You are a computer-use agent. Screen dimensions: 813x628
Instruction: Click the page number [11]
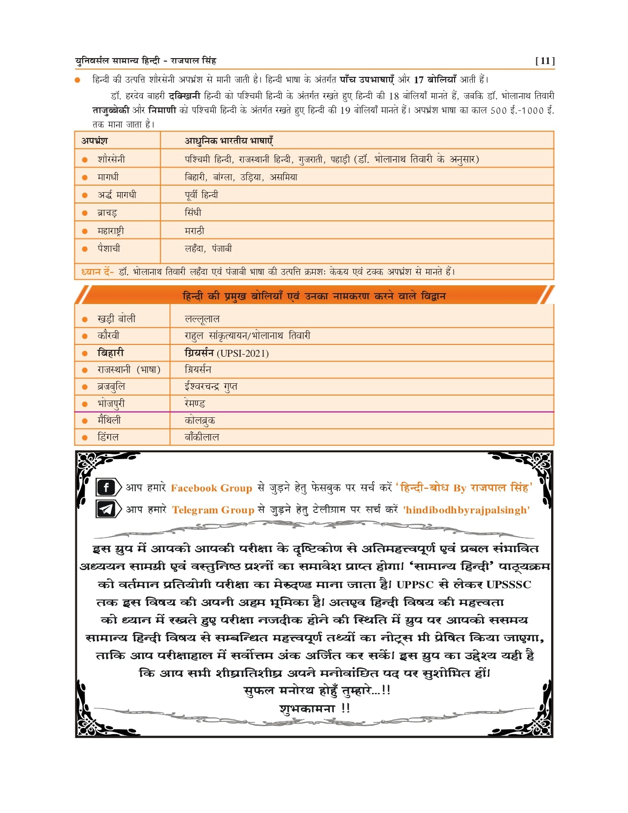(x=545, y=61)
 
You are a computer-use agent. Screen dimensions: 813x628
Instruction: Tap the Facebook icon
(x=106, y=487)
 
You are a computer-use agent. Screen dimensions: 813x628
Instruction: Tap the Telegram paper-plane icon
(x=106, y=509)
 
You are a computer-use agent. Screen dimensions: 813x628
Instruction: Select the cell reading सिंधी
(x=193, y=212)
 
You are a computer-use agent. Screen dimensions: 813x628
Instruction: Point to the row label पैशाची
(x=108, y=248)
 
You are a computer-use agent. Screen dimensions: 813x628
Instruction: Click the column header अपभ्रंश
(x=95, y=140)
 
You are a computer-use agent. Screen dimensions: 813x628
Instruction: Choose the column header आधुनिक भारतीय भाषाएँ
(x=229, y=140)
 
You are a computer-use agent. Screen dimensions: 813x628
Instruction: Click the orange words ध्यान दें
(x=97, y=271)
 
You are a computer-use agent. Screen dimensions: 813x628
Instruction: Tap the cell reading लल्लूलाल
(x=202, y=319)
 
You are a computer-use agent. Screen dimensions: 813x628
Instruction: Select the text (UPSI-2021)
(x=243, y=353)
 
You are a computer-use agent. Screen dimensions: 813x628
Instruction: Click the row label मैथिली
(x=109, y=420)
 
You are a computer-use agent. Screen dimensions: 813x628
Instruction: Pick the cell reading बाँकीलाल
(x=202, y=437)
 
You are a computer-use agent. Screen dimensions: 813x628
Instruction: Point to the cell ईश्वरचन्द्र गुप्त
(x=211, y=387)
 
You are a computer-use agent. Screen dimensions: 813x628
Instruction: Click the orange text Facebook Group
(x=211, y=488)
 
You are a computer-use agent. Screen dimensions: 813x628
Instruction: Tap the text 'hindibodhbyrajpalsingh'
(x=466, y=510)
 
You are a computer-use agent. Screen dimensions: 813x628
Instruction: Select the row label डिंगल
(x=108, y=437)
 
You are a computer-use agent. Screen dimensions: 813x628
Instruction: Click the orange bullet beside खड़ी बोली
(x=85, y=319)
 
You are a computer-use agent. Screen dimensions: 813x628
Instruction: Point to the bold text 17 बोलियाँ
(x=435, y=79)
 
